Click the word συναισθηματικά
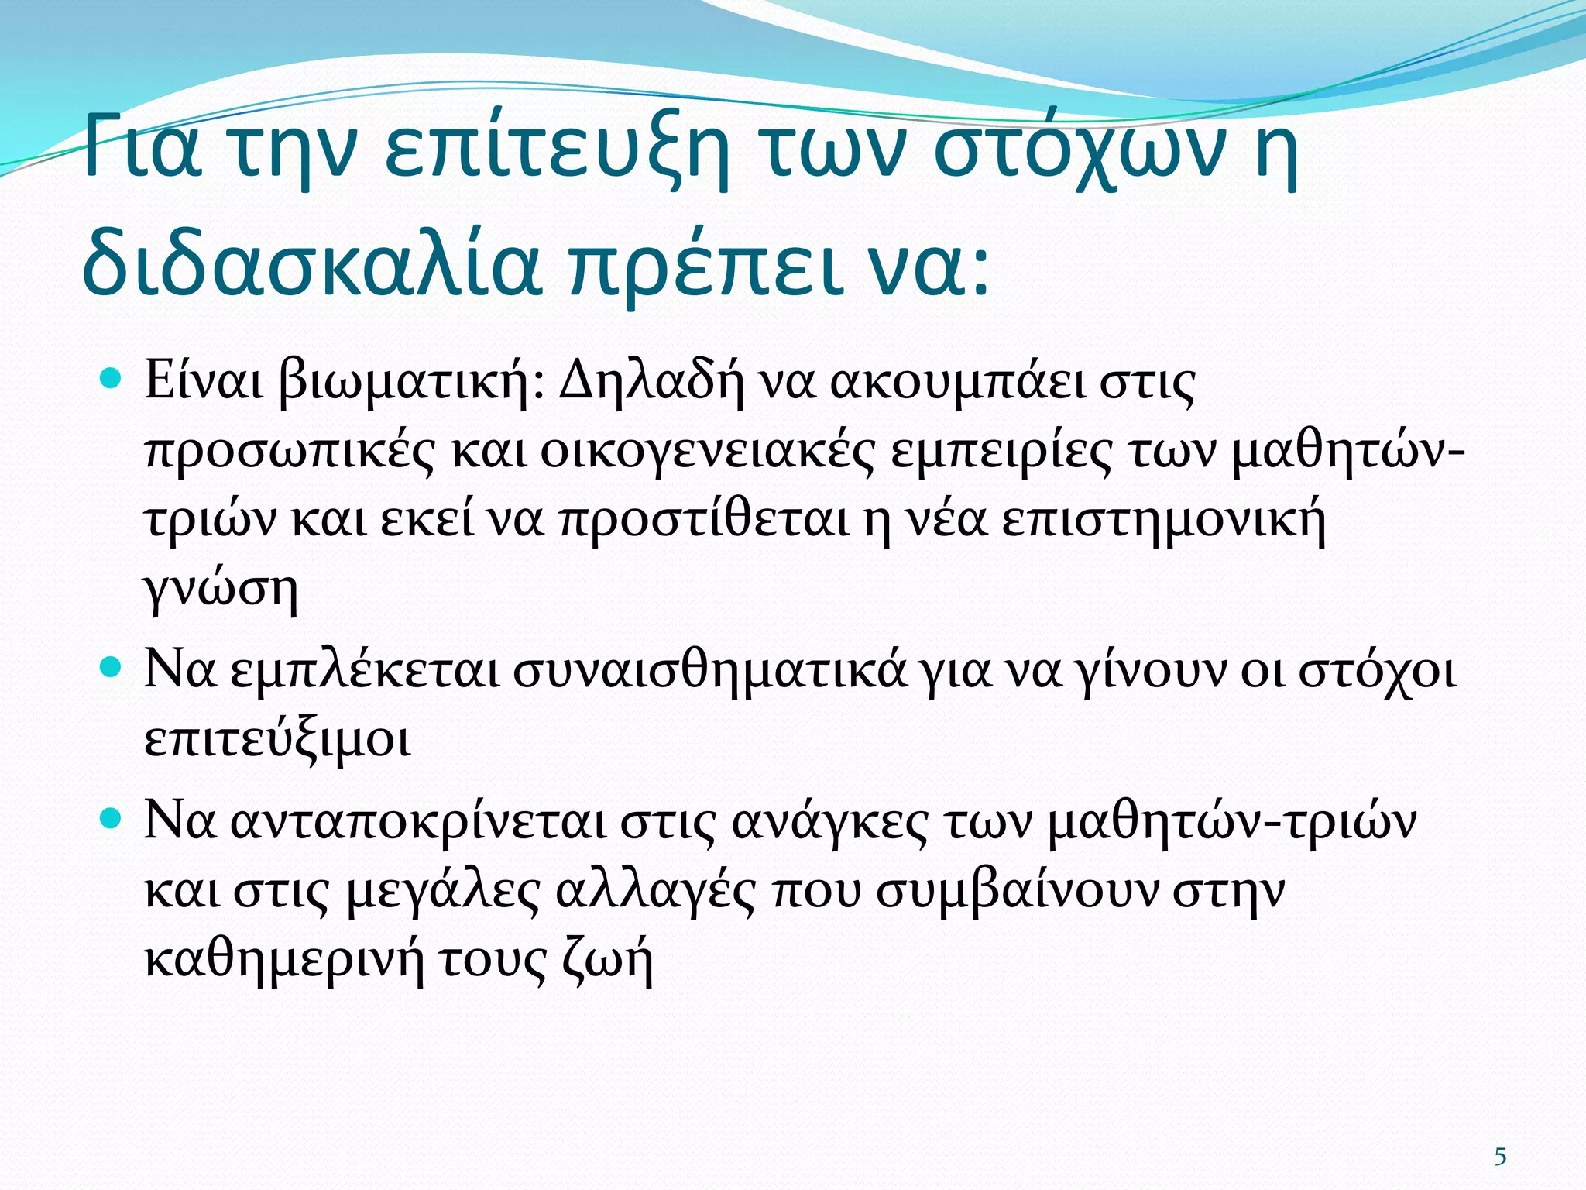pyautogui.click(x=709, y=671)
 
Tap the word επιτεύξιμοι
pyautogui.click(x=277, y=740)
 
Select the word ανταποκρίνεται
pyautogui.click(x=418, y=822)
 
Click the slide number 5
pyautogui.click(x=1500, y=1157)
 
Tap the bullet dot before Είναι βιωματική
pyautogui.click(x=112, y=380)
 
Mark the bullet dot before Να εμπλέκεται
pyautogui.click(x=112, y=667)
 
